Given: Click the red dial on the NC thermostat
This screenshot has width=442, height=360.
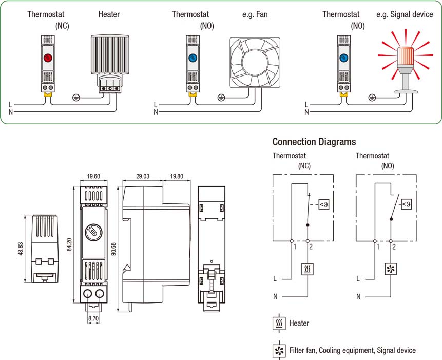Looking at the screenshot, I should click(x=48, y=58).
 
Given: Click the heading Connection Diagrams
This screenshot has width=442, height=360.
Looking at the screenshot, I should click(x=314, y=142).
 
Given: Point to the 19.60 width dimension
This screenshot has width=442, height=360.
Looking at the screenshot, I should click(x=93, y=176).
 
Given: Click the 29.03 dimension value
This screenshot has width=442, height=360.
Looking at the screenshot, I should click(x=142, y=176).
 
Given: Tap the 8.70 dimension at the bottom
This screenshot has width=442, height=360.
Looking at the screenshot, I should click(x=93, y=318).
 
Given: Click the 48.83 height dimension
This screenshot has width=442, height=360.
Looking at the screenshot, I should click(x=21, y=249).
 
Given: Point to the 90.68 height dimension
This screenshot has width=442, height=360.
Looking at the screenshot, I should click(x=114, y=249).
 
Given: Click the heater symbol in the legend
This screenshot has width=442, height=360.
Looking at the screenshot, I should click(x=279, y=323).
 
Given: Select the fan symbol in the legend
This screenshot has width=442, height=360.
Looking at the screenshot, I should click(x=279, y=350).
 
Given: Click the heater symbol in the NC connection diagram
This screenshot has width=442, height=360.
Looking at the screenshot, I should click(x=308, y=269).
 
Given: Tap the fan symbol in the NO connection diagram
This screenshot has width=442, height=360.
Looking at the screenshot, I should click(x=391, y=269).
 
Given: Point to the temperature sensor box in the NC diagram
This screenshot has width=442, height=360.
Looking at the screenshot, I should click(x=324, y=205).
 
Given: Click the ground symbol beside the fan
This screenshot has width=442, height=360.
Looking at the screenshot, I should click(x=221, y=96).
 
